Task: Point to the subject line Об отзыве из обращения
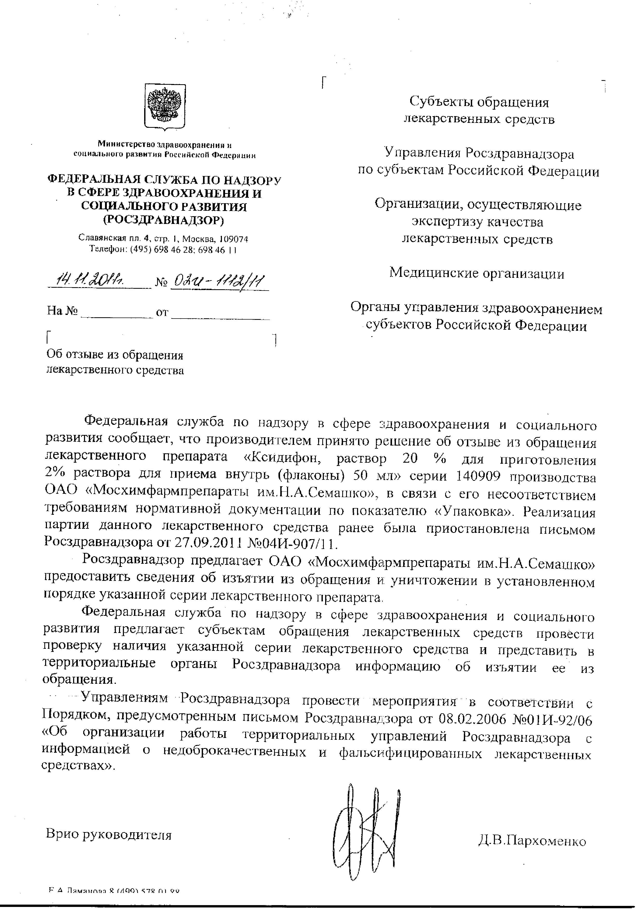[115, 355]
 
